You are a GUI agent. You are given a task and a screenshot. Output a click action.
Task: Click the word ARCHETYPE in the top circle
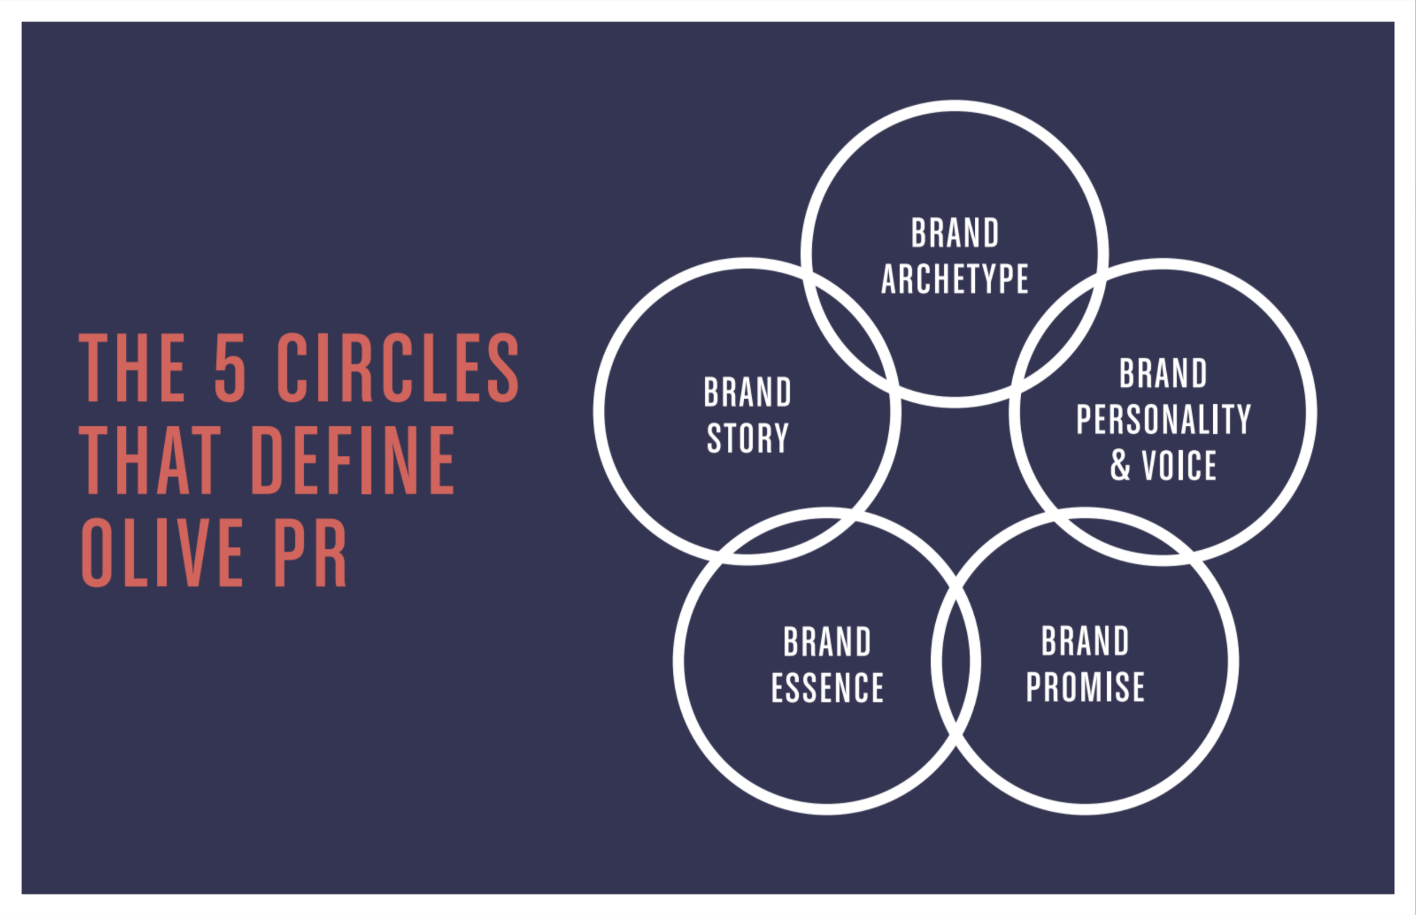coord(954,279)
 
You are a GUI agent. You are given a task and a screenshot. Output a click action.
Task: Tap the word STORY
coord(747,438)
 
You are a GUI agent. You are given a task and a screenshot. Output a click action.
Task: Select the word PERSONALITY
coord(1163,419)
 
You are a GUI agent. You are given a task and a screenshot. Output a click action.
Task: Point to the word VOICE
coord(1179,465)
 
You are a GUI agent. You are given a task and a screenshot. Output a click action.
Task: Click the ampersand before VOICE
coord(1120,465)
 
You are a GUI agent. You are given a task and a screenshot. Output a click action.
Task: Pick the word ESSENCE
coord(827,687)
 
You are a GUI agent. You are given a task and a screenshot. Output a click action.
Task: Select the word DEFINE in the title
coord(353,460)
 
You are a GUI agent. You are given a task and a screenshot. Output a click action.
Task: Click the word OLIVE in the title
coord(162,553)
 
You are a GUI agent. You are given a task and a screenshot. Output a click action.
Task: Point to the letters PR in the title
coord(310,553)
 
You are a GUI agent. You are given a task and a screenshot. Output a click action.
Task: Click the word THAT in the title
coord(150,460)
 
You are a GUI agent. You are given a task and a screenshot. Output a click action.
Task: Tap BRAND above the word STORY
coord(747,392)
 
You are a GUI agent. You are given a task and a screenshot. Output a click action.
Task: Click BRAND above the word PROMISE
coord(1085,641)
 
